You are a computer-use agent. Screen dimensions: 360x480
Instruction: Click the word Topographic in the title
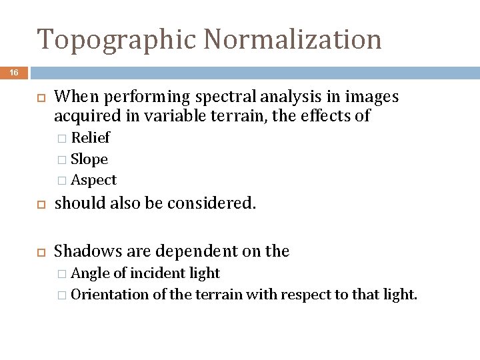(x=116, y=40)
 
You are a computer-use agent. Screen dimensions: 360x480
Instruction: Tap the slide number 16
(x=14, y=73)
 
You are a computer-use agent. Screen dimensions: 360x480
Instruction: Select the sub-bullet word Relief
(x=90, y=138)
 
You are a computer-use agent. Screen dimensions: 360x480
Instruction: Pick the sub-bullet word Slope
(x=89, y=159)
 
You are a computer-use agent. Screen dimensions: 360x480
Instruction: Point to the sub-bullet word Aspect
(x=93, y=180)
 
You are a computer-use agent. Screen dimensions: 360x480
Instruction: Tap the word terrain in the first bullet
(x=186, y=116)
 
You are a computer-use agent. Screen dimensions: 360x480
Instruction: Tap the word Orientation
(x=109, y=294)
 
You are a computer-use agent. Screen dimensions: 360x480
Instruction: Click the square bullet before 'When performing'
(x=39, y=98)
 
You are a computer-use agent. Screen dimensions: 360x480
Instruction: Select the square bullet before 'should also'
(x=39, y=204)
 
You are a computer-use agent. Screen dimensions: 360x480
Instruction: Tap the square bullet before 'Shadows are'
(x=39, y=252)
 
